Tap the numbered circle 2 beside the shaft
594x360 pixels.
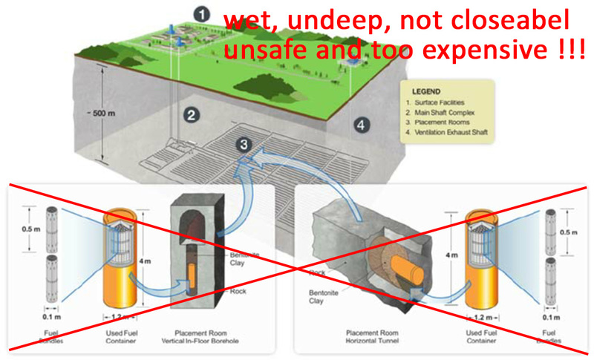[191, 114]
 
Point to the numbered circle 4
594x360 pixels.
[362, 125]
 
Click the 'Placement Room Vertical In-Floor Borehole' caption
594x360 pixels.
[195, 336]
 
